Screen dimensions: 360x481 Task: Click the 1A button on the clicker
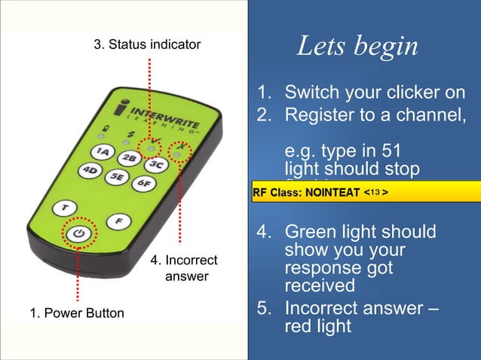[105, 151]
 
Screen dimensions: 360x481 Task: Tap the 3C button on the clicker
[156, 164]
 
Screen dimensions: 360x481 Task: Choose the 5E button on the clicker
[116, 177]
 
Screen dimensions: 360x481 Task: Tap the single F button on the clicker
[118, 221]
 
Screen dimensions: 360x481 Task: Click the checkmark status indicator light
[152, 146]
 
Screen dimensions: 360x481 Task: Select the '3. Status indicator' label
[147, 44]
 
